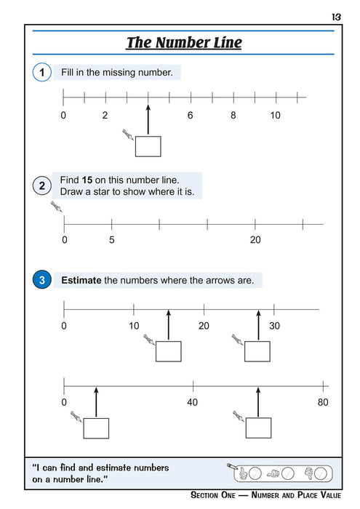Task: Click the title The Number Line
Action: pos(184,43)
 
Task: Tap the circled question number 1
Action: pos(41,73)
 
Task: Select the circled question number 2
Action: pos(41,186)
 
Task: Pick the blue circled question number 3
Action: pos(41,280)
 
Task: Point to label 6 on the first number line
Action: pos(191,116)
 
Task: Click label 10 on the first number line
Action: pos(275,116)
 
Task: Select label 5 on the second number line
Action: pos(111,239)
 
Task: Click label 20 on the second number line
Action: pos(255,239)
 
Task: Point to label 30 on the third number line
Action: pos(274,326)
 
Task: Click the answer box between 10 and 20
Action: pos(168,351)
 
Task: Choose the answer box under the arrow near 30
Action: pos(257,351)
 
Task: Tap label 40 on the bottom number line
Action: pos(192,402)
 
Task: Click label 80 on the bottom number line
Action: pos(323,402)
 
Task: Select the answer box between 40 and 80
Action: pos(257,428)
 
